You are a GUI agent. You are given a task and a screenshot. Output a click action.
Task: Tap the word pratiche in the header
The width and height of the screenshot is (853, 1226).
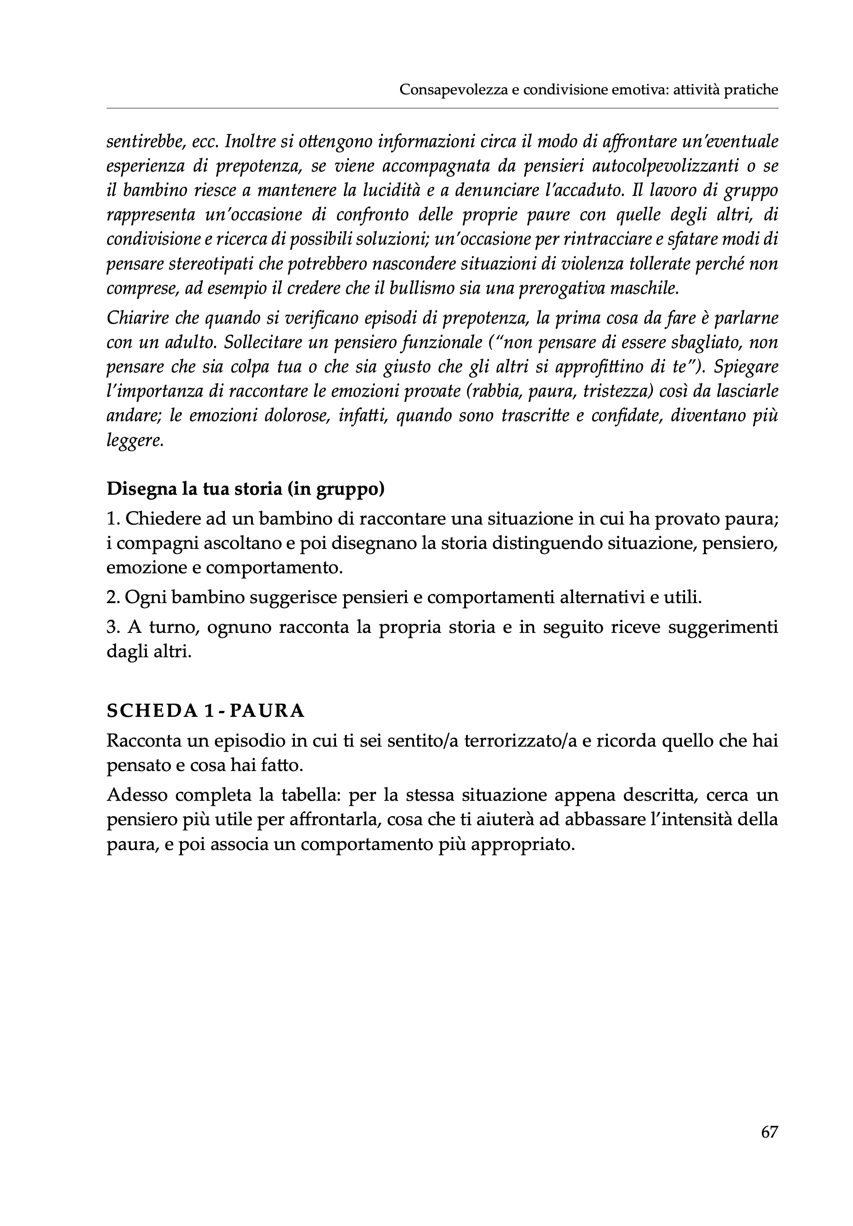(x=750, y=90)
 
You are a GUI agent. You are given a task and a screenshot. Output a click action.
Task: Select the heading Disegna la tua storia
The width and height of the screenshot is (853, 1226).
(x=245, y=489)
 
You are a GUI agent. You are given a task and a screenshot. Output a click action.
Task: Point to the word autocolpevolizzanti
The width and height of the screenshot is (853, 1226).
(x=662, y=166)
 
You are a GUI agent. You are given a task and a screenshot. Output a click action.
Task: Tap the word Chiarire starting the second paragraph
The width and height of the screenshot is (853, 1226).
(x=137, y=318)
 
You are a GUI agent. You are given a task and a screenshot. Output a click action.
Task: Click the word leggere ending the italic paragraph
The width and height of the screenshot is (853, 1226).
(x=134, y=441)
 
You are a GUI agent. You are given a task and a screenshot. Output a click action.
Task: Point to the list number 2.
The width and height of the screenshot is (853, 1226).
(x=113, y=598)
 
